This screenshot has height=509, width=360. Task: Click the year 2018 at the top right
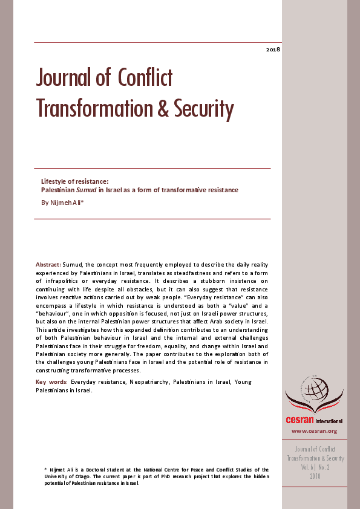point(273,48)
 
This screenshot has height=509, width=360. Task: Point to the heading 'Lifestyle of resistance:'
point(74,181)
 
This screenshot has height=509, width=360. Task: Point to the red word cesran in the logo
point(301,420)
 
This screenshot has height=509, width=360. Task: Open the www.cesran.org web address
point(314,431)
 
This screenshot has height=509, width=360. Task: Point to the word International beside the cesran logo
point(329,421)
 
